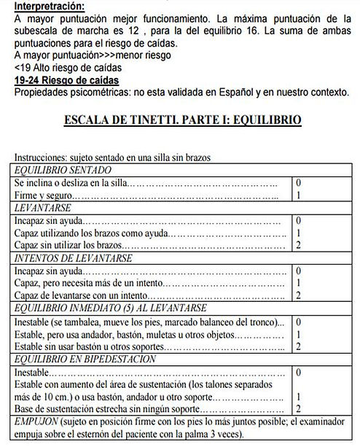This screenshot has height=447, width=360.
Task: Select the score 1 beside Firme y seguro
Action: (299, 195)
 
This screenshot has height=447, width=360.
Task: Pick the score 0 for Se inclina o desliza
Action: (299, 182)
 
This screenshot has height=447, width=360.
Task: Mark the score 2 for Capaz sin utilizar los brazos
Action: (299, 246)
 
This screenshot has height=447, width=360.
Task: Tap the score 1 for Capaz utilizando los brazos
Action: (299, 233)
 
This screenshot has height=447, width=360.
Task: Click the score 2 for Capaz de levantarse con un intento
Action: (299, 295)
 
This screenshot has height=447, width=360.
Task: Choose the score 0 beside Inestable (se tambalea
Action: (299, 321)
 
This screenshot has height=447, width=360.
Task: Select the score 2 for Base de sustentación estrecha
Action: (299, 409)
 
